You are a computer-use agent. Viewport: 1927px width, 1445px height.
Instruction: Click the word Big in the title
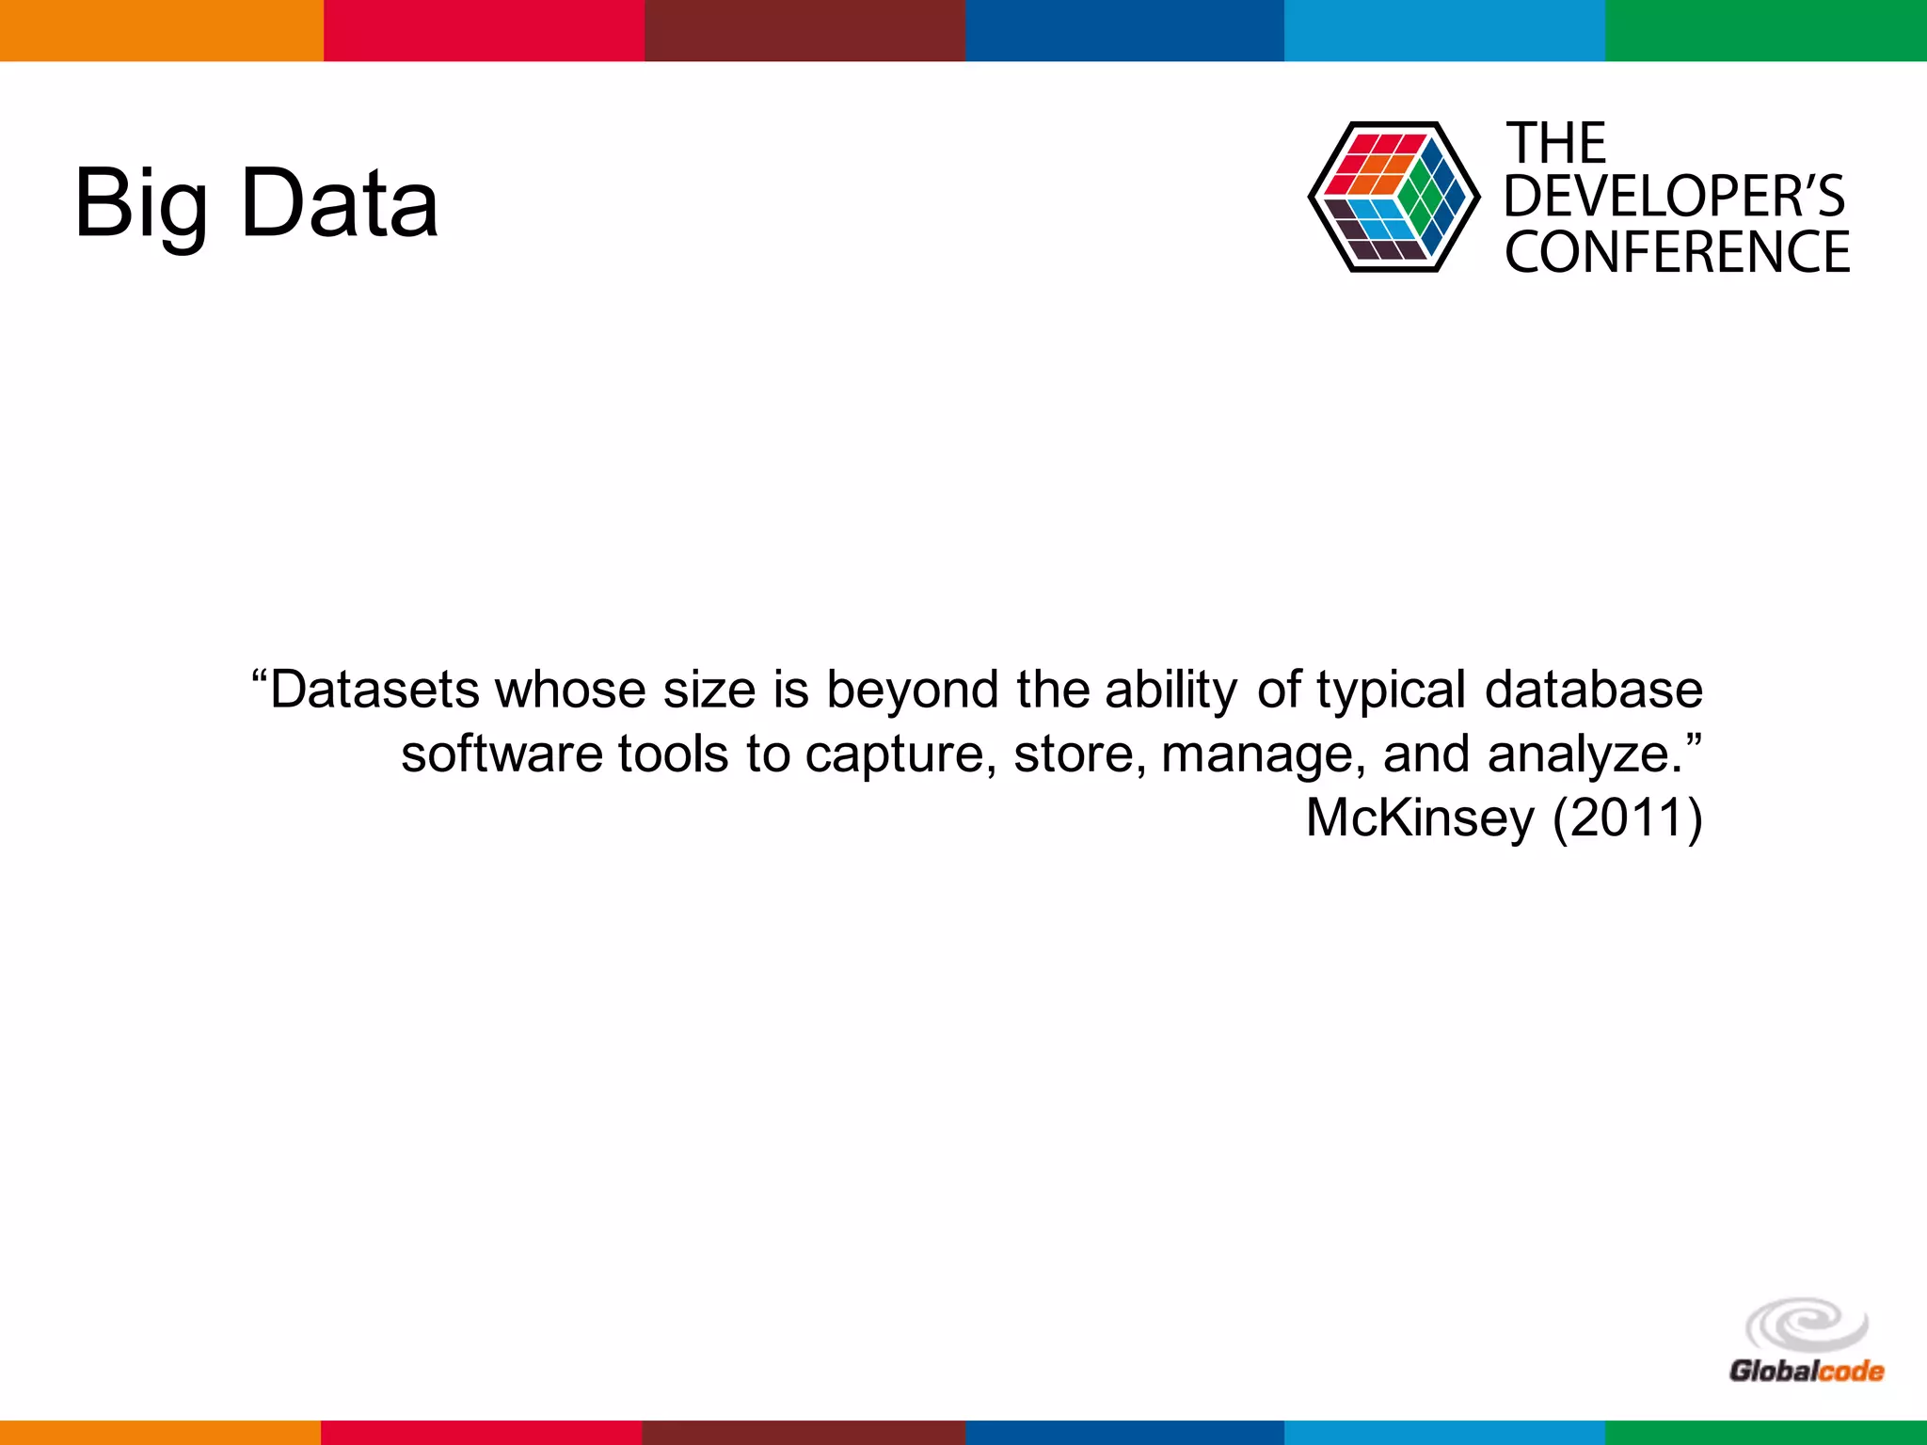141,203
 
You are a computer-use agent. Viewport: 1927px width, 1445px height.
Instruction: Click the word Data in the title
340,203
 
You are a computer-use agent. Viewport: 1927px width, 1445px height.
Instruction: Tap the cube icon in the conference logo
1393,198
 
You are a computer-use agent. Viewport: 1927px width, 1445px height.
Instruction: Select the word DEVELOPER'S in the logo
1674,197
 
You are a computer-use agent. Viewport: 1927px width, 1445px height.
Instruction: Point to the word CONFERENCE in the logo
1677,252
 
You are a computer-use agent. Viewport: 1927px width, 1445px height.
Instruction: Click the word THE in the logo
1556,144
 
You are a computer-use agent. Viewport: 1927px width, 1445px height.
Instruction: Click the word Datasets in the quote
377,690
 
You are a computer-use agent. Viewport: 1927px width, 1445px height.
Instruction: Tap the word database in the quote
1593,690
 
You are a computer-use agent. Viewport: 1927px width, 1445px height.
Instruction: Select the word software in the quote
500,754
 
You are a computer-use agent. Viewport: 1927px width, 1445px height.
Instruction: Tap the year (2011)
1627,817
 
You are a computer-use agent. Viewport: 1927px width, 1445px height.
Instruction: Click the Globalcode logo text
1806,1371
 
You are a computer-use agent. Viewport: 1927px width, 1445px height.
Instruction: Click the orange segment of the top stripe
161,30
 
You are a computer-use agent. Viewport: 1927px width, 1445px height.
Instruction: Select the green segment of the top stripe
1766,30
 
